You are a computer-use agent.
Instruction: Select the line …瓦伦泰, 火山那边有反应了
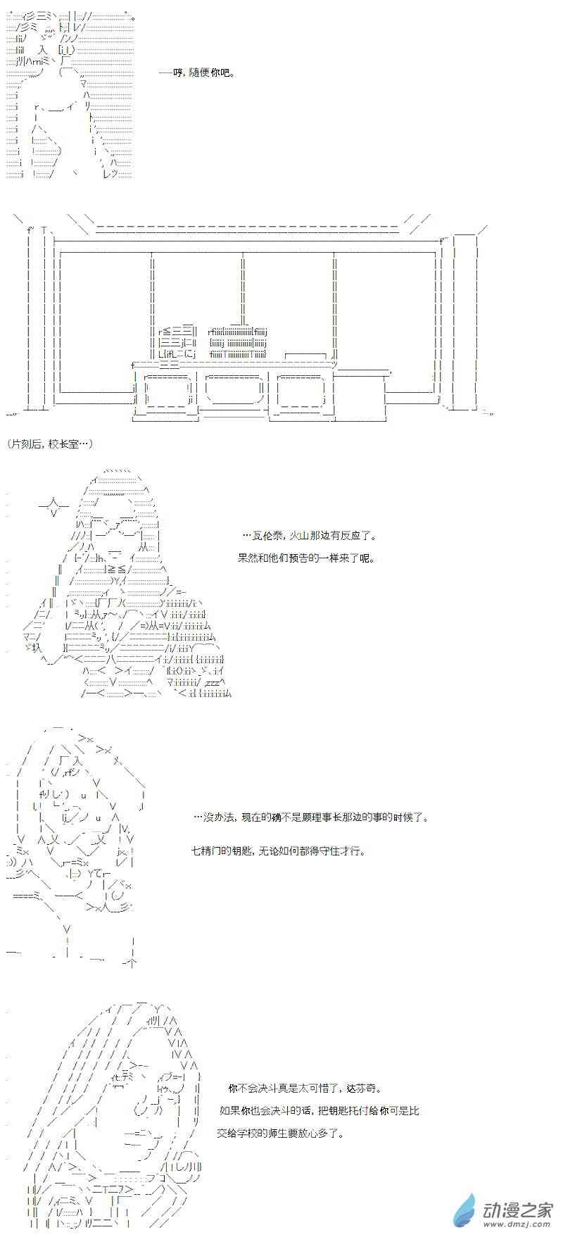308,536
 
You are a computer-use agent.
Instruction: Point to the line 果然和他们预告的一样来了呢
306,558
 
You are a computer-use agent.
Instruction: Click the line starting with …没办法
310,817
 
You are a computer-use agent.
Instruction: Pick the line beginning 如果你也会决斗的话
320,1111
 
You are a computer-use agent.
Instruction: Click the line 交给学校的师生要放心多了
281,1134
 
